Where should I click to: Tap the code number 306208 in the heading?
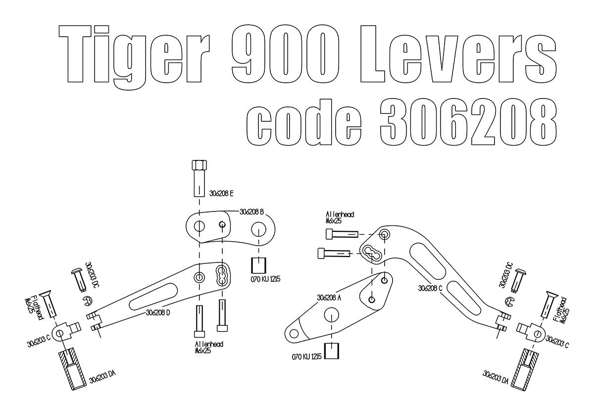(x=468, y=122)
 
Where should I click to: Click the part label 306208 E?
(x=221, y=194)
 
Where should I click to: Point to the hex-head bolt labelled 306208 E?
(x=199, y=178)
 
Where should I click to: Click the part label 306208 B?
(x=251, y=212)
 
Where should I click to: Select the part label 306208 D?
(x=158, y=312)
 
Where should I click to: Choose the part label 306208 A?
(x=329, y=298)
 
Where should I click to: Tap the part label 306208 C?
(x=430, y=288)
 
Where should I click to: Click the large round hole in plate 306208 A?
(x=332, y=314)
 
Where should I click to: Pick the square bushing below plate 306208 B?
(x=258, y=265)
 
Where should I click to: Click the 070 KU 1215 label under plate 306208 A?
(x=306, y=357)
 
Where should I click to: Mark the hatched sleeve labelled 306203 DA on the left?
(x=72, y=370)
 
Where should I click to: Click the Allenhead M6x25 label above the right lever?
(x=340, y=217)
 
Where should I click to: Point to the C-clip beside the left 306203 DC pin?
(x=88, y=301)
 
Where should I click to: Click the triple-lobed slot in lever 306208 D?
(x=221, y=276)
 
